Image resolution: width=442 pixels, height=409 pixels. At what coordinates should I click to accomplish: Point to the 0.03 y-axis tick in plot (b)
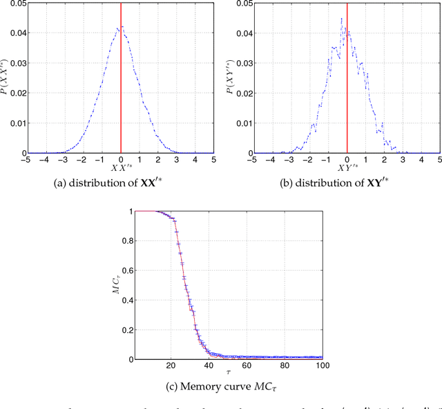point(243,63)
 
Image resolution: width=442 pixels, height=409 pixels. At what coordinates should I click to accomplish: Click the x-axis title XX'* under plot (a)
point(122,169)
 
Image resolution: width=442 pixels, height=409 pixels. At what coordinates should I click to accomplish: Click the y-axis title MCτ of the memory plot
point(117,284)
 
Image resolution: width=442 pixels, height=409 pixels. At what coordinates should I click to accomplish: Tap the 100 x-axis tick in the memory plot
point(322,366)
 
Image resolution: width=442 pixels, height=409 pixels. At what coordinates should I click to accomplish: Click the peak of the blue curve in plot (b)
point(342,19)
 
